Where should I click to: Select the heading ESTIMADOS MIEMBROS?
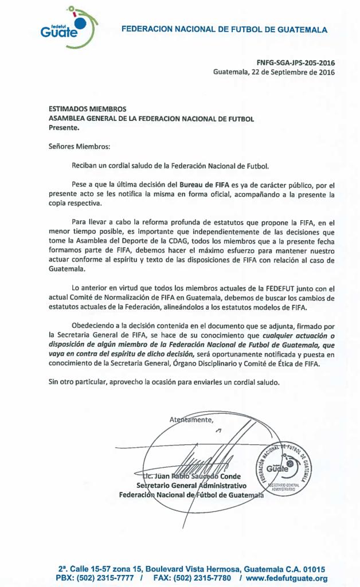click(x=87, y=109)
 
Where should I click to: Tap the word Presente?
click(x=64, y=128)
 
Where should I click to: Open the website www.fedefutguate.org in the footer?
click(x=287, y=578)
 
